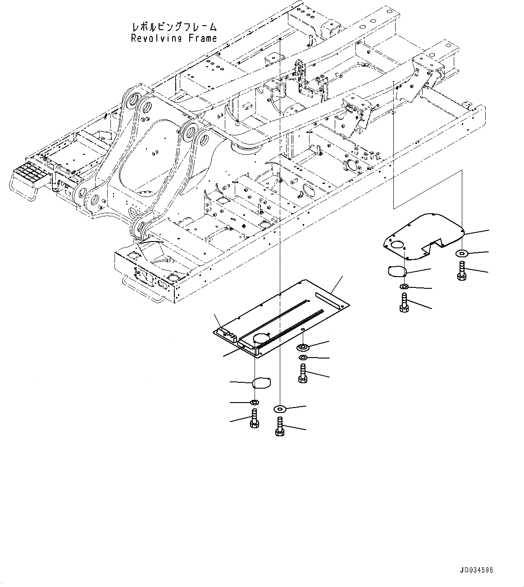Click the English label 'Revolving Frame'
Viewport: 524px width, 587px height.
click(173, 39)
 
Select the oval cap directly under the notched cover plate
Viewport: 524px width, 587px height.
click(397, 271)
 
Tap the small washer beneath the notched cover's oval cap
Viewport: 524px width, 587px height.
click(404, 287)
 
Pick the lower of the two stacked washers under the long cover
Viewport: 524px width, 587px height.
click(303, 357)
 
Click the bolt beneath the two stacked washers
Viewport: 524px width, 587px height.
click(303, 373)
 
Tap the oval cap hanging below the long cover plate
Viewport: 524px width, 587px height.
click(262, 383)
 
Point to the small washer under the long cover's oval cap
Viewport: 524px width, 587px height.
click(254, 401)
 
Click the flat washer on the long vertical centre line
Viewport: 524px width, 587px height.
click(279, 408)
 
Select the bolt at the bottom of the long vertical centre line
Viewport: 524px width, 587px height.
click(279, 426)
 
